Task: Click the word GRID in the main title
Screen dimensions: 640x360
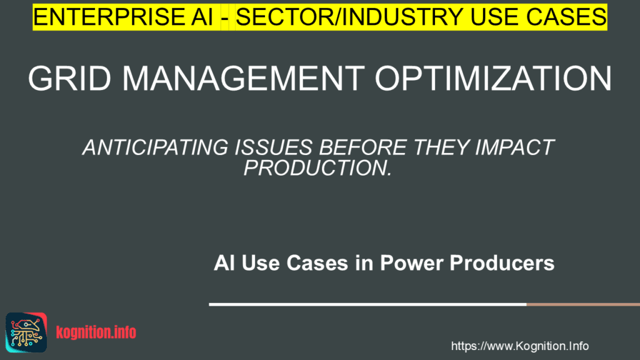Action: coord(69,78)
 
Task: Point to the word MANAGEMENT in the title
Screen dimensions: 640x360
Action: coord(243,78)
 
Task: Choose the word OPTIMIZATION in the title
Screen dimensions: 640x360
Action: coord(494,78)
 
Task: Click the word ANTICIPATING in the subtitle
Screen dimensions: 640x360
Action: coord(155,147)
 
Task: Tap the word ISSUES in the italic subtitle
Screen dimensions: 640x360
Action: coord(274,147)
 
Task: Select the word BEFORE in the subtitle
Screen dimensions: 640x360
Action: coord(362,147)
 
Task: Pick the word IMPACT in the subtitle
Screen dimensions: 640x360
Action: coord(514,147)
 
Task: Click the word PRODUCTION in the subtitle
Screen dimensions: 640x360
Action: coord(315,167)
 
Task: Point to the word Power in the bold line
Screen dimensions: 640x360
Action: coord(412,263)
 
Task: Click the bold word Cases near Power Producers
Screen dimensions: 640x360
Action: coord(317,263)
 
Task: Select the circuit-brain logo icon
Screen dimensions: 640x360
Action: coord(26,332)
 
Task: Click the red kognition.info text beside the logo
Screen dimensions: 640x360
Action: coord(96,332)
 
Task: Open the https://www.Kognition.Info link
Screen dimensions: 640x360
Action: coord(519,346)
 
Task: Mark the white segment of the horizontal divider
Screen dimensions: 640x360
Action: coord(367,304)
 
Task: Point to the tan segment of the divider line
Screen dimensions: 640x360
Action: coord(583,304)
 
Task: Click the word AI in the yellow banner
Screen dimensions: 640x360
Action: coord(202,17)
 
